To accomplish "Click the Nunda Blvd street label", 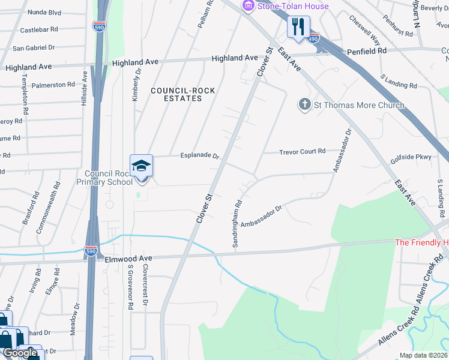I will coord(46,12).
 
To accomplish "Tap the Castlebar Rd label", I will coord(39,29).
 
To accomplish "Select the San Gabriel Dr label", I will coord(34,47).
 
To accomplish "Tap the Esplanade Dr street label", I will coord(200,155).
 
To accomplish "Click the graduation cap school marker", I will coord(142,166).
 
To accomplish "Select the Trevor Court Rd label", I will coord(302,152).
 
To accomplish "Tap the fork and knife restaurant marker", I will coord(298,26).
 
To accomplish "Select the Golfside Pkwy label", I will coord(411,157).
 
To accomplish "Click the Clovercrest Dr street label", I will coord(145,286).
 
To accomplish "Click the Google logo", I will coord(19,353).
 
